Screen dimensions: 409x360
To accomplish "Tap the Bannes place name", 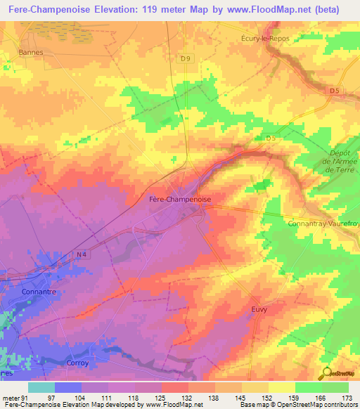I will [x=32, y=52].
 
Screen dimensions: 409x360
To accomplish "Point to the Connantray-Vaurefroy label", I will [x=323, y=223].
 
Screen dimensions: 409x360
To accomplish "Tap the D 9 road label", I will [x=185, y=59].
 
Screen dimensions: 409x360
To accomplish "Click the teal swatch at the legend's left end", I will [x=41, y=387].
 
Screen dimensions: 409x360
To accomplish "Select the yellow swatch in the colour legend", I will [x=281, y=387].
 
